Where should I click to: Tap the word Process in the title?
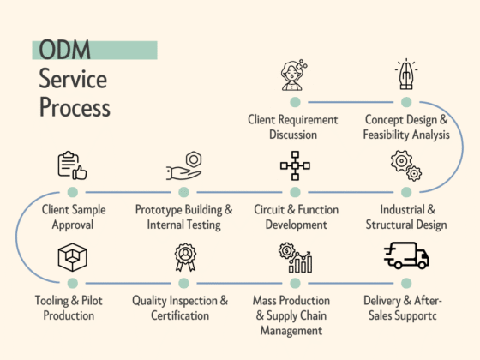click(x=74, y=108)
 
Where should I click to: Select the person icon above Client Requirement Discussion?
click(x=294, y=75)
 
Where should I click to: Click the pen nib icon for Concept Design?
click(x=405, y=75)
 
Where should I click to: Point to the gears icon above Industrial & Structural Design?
click(x=405, y=165)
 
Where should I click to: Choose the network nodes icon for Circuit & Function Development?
click(x=294, y=165)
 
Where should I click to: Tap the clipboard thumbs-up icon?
click(x=72, y=165)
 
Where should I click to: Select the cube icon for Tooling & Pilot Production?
click(x=72, y=256)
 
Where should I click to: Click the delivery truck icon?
click(x=405, y=255)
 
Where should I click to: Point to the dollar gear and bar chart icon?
click(x=294, y=256)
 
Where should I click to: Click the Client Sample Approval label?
click(x=72, y=217)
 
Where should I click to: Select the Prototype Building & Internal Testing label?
click(x=183, y=217)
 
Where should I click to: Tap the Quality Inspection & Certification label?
click(x=180, y=308)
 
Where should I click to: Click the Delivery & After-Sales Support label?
click(x=405, y=308)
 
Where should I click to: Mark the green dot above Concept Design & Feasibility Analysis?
click(x=405, y=102)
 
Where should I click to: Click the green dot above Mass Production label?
click(x=294, y=283)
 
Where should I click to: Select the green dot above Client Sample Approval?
click(x=72, y=193)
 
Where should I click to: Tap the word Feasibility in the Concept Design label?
click(x=390, y=135)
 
